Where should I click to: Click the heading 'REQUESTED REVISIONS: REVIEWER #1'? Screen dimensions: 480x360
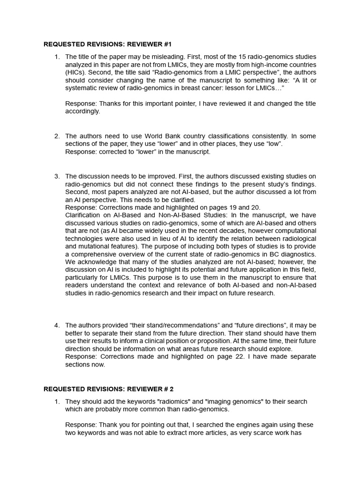tap(108, 45)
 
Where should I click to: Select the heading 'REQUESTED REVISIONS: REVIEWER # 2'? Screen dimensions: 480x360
tap(109, 389)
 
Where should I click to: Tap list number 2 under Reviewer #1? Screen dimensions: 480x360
tap(57, 136)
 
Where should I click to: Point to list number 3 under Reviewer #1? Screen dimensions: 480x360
tap(57, 176)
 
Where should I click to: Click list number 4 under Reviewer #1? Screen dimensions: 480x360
tap(57, 325)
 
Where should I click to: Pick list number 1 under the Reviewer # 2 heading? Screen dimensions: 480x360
tap(57, 402)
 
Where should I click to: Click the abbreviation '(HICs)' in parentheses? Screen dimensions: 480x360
tap(76, 72)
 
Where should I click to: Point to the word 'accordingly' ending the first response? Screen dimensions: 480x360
tap(82, 112)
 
